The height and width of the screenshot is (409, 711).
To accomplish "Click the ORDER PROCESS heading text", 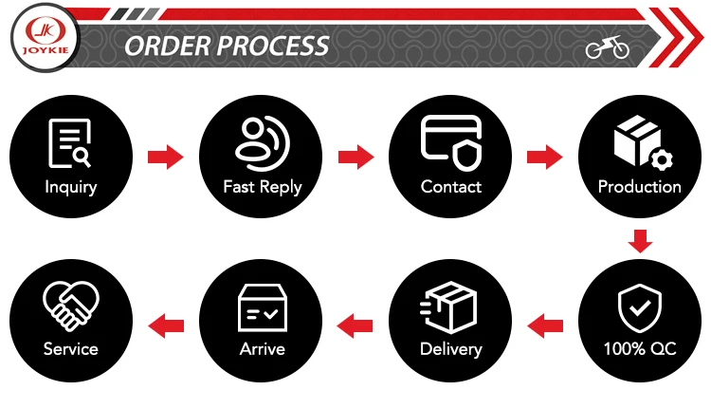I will [228, 46].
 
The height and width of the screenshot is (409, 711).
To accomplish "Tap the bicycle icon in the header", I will [607, 47].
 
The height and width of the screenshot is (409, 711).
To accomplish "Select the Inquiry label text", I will [71, 187].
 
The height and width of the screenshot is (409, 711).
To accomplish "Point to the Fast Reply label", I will [263, 187].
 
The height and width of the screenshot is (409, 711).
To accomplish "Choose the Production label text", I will [640, 187].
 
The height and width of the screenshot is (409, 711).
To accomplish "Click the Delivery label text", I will [451, 348].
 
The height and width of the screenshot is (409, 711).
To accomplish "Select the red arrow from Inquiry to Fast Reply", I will [165, 157].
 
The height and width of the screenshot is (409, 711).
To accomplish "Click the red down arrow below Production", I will [641, 240].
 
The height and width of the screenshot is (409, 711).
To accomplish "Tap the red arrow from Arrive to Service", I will [168, 325].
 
